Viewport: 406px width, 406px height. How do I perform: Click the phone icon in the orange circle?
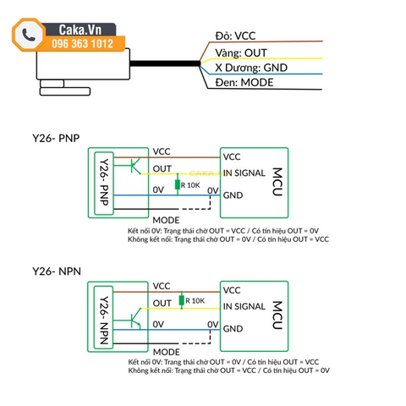(x=28, y=35)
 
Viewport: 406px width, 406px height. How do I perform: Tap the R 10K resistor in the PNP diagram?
(x=178, y=184)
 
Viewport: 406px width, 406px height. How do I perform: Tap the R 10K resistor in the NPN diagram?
(x=182, y=300)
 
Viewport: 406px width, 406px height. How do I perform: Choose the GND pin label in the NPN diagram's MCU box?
(x=233, y=329)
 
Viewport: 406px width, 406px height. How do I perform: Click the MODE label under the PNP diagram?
(x=167, y=219)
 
